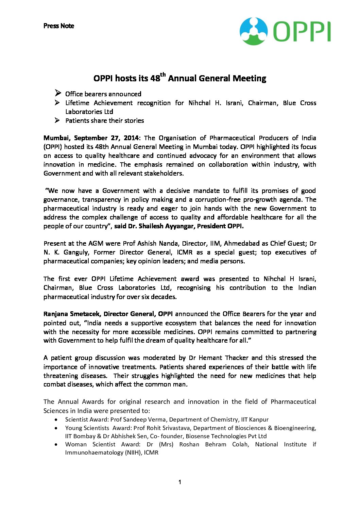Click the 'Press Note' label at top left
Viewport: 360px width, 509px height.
coord(58,26)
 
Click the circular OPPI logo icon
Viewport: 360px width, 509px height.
coord(254,31)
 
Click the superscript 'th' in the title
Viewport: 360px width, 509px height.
coord(163,75)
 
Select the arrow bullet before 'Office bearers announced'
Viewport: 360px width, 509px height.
coord(58,93)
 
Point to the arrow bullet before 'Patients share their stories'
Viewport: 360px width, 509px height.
coord(58,120)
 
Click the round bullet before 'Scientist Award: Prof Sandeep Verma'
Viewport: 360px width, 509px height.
coord(56,420)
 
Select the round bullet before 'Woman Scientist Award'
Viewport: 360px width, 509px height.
coord(56,444)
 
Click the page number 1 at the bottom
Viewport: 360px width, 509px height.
coord(179,482)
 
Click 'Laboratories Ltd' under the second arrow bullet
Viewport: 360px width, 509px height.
coord(89,112)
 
